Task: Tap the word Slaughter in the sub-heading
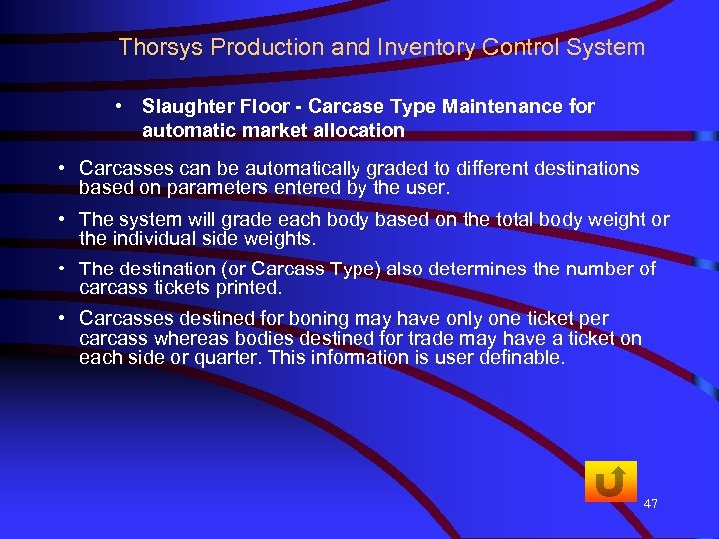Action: pos(187,106)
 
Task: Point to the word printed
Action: pos(255,288)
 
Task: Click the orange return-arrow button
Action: pos(610,482)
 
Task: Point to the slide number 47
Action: pos(651,504)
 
